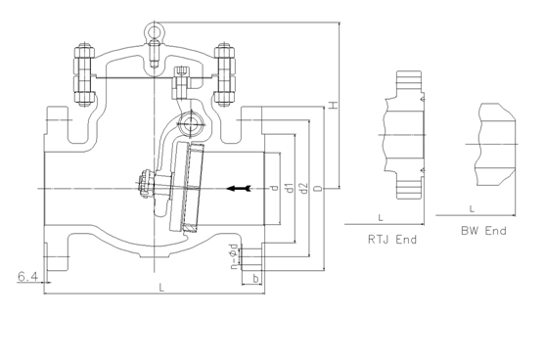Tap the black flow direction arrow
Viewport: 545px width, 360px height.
[x=239, y=189]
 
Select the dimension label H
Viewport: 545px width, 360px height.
[x=333, y=105]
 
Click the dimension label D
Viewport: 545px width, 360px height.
[x=318, y=189]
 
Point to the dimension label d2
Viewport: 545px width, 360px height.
[x=303, y=188]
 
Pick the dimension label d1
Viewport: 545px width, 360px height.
[x=290, y=188]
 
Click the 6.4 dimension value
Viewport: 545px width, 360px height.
[x=27, y=277]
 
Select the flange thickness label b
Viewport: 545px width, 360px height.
[x=255, y=279]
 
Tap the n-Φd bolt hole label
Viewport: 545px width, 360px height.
[x=235, y=256]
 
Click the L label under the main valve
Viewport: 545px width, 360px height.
[x=161, y=288]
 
